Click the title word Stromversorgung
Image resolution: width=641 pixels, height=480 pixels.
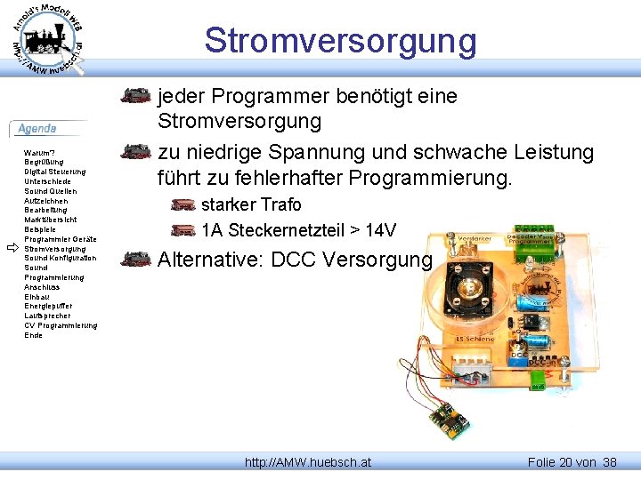340,41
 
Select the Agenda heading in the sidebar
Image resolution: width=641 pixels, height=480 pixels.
37,129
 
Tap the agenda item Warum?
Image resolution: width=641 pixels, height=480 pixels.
40,153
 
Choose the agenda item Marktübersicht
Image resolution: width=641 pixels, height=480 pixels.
51,220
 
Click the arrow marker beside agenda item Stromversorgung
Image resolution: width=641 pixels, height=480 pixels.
12,248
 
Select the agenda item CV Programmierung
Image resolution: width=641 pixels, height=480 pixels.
61,325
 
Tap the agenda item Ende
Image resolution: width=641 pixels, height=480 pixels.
33,335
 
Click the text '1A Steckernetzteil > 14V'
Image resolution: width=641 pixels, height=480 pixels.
298,231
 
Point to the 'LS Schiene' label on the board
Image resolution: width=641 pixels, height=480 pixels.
475,339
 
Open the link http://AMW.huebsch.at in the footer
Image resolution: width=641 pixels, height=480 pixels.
308,462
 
